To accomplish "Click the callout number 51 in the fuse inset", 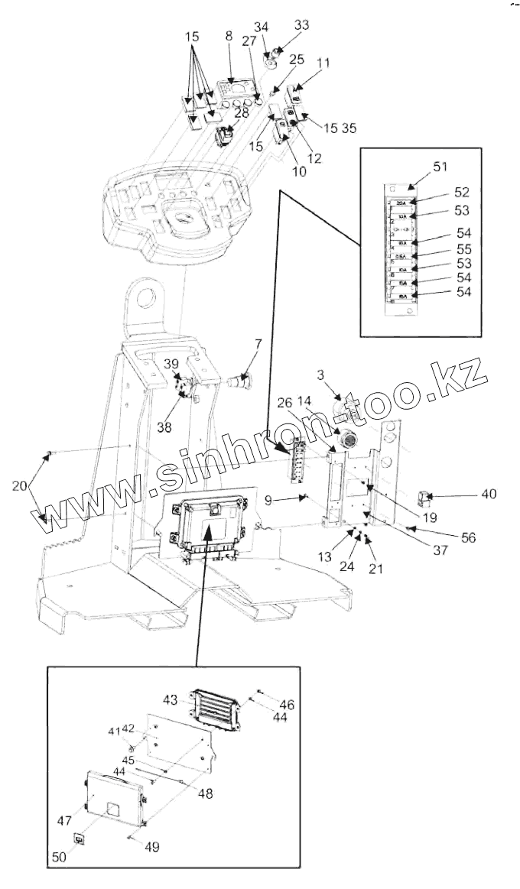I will pyautogui.click(x=420, y=166).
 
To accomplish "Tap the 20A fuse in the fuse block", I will pyautogui.click(x=402, y=203).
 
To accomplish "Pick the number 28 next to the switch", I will pyautogui.click(x=242, y=113).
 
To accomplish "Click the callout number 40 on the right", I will pyautogui.click(x=488, y=494).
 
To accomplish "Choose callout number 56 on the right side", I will pyautogui.click(x=468, y=537).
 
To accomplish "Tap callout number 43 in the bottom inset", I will pyautogui.click(x=171, y=699).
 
